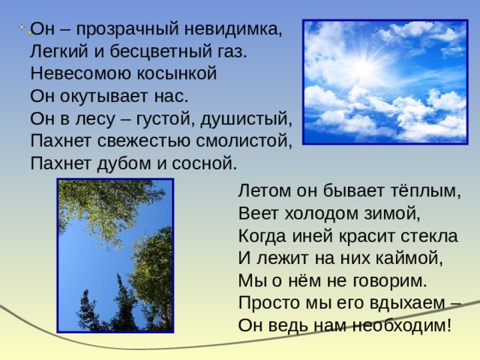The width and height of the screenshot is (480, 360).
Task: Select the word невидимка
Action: (233, 29)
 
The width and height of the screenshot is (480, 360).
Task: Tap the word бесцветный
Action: (160, 52)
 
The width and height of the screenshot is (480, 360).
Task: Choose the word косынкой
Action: (177, 73)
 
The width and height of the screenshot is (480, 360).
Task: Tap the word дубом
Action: (124, 163)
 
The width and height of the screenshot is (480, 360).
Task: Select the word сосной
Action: (205, 164)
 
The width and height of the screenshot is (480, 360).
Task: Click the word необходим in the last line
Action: (402, 325)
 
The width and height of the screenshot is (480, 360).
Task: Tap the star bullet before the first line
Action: (22, 27)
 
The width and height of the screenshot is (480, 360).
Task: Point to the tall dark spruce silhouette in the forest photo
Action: (123, 303)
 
